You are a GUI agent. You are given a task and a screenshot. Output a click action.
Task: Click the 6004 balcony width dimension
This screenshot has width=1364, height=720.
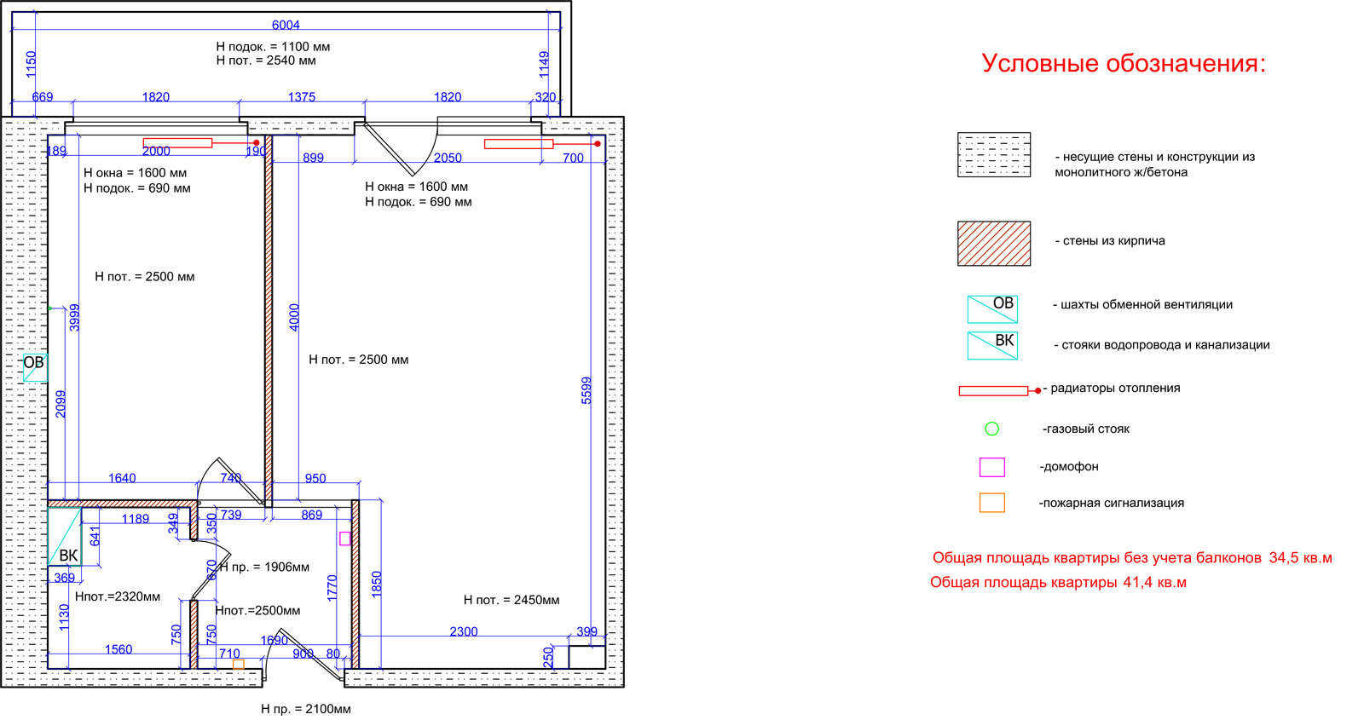286,25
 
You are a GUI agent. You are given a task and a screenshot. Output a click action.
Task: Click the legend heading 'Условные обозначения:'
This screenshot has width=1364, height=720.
1124,63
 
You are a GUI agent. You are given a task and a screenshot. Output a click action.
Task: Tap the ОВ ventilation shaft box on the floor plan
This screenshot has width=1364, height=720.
34,366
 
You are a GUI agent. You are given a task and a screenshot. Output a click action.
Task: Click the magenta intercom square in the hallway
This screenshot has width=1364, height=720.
344,539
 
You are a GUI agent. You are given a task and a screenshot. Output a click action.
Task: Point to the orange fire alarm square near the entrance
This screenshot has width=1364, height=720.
239,664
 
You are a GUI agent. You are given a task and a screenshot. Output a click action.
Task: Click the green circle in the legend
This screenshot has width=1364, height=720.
991,429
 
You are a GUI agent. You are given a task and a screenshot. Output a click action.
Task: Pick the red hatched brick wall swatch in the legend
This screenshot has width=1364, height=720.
994,244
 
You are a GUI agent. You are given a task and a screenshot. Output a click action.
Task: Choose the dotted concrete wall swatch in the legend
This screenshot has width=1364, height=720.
994,154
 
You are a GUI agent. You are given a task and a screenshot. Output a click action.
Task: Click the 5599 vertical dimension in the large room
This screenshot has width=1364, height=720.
587,390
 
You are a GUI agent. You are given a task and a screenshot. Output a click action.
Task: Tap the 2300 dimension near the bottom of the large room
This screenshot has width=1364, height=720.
464,631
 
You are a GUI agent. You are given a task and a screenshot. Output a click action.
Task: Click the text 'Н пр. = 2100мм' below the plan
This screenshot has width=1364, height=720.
306,709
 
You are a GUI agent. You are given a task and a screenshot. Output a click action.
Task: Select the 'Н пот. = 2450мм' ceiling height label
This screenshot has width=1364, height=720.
511,600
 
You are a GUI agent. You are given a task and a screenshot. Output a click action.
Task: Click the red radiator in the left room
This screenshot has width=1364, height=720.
178,143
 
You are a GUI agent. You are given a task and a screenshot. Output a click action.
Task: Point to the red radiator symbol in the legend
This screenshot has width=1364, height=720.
994,391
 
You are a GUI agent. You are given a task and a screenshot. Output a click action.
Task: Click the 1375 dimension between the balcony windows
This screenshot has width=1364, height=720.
302,97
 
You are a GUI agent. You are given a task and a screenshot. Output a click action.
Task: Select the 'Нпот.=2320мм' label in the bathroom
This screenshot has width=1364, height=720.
118,596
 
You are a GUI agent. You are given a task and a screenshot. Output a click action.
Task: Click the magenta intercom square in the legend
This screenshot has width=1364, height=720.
991,467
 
